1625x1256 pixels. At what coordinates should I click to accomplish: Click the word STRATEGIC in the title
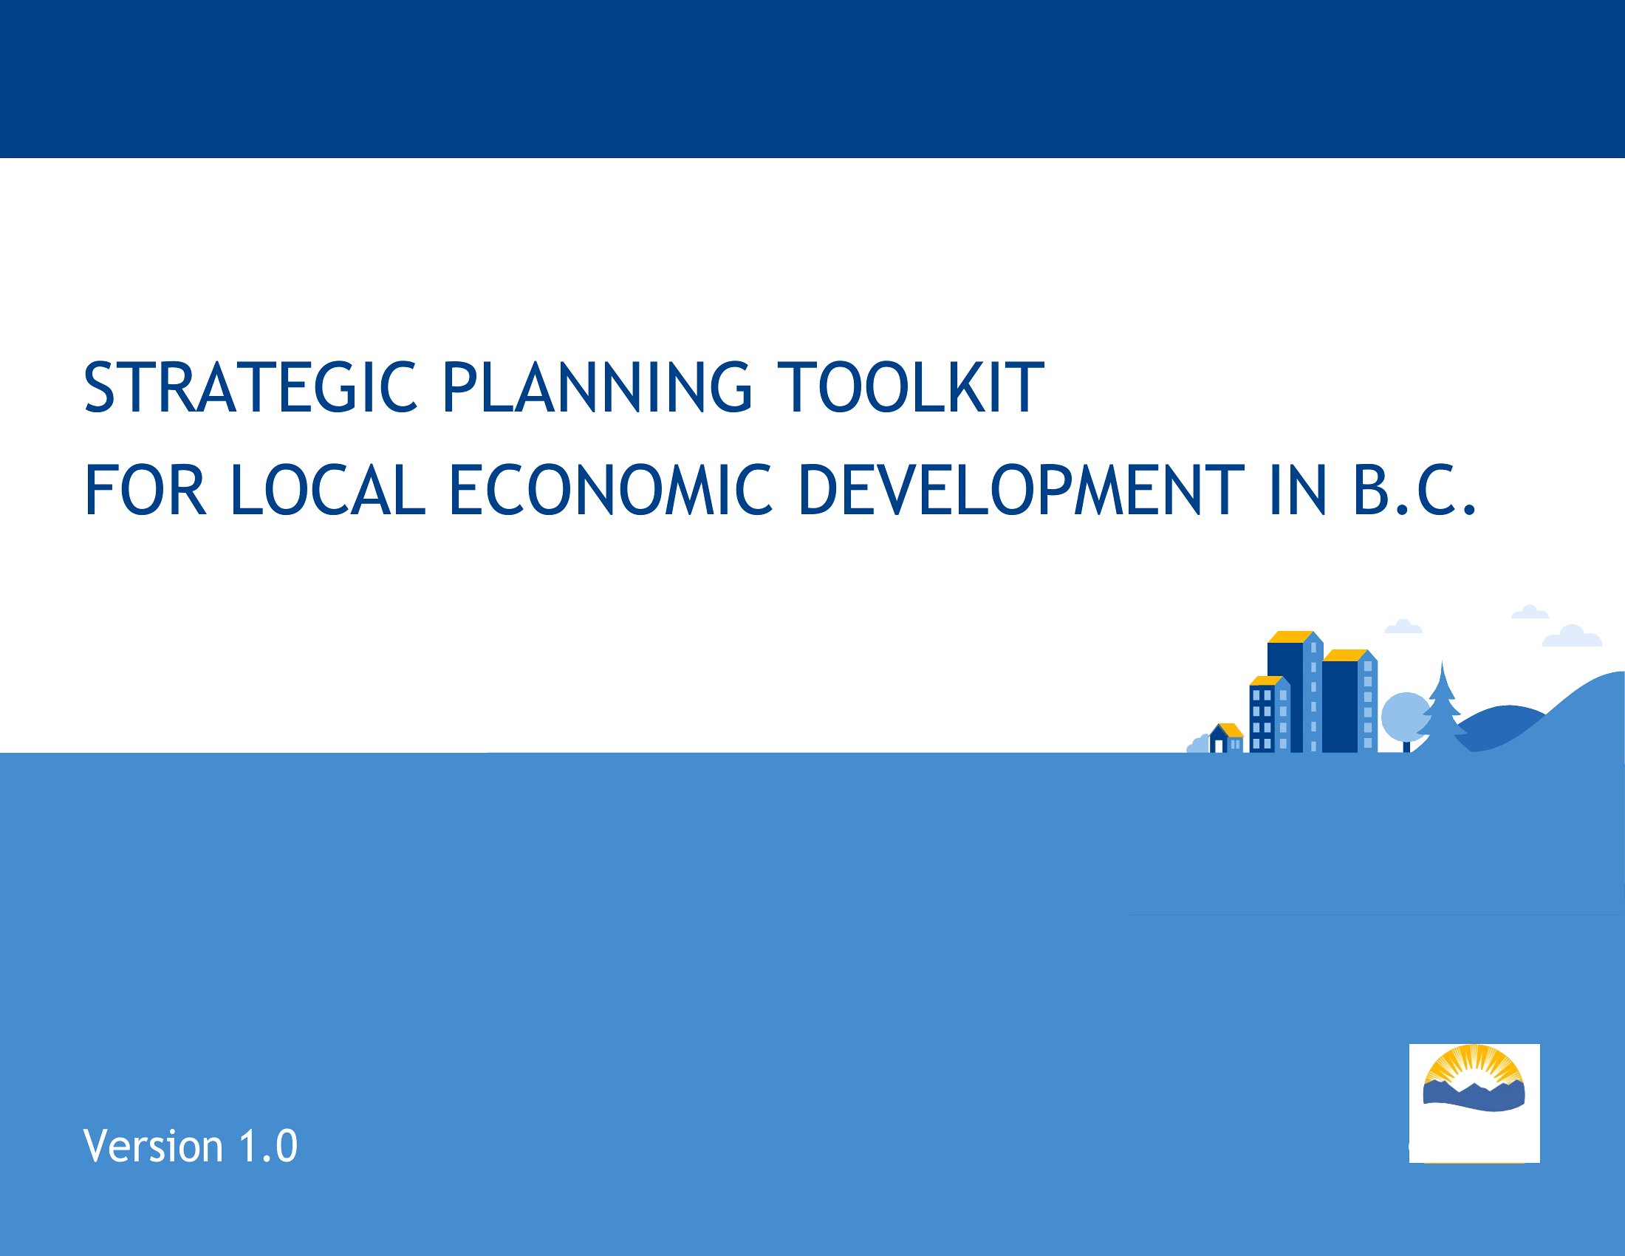[250, 387]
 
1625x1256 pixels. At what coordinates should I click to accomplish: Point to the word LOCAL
[328, 490]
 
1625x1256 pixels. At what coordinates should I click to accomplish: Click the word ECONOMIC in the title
[612, 490]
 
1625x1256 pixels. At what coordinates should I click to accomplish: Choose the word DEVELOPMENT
[1021, 490]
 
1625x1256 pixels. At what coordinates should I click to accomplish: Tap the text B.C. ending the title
[1414, 490]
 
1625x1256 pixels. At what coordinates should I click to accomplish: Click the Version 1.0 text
[191, 1146]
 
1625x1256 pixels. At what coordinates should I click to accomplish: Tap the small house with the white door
[1226, 738]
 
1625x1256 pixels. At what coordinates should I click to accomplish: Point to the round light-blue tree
[1406, 715]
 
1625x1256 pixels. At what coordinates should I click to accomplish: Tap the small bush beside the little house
[1197, 744]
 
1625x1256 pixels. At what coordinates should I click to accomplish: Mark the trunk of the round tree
[1406, 745]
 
